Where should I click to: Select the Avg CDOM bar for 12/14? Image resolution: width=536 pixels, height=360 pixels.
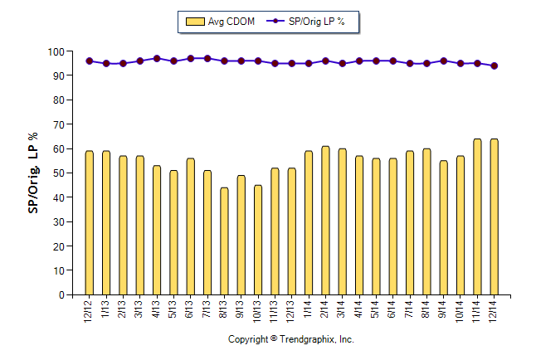[494, 216]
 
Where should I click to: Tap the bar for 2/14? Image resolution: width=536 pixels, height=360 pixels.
[325, 220]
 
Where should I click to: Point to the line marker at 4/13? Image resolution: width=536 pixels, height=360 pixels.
[157, 59]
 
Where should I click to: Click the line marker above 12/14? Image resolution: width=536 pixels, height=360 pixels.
[494, 66]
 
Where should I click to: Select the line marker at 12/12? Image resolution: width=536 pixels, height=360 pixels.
[90, 61]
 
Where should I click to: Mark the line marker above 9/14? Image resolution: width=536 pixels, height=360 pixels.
[443, 61]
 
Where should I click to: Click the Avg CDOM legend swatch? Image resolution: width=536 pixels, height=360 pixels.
[197, 22]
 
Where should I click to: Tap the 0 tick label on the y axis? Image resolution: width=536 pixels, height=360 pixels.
[61, 294]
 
